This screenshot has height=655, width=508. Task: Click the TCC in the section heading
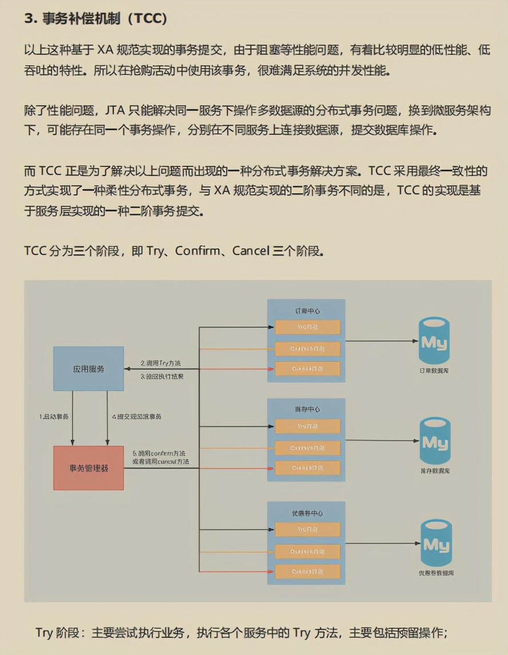[147, 18]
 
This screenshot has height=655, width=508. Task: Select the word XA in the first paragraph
[109, 50]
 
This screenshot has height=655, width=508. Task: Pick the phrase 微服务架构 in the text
[462, 110]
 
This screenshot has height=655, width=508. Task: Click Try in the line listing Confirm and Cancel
[156, 251]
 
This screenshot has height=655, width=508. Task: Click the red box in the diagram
[89, 468]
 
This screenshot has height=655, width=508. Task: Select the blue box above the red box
[89, 369]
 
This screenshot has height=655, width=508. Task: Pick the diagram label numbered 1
[54, 417]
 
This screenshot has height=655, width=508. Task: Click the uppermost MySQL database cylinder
[434, 342]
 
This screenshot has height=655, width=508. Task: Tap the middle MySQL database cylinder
[436, 441]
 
